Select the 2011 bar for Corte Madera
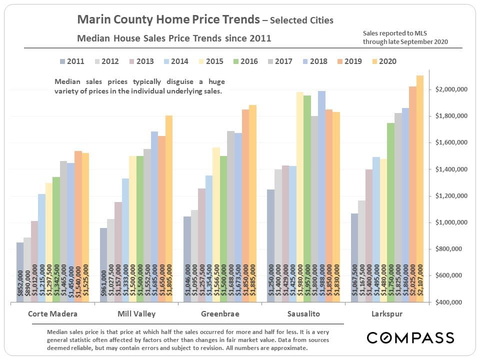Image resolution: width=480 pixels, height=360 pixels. pyautogui.click(x=20, y=272)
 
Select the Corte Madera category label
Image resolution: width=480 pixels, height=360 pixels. pyautogui.click(x=48, y=314)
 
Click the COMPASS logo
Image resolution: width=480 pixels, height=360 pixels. pyautogui.click(x=410, y=337)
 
